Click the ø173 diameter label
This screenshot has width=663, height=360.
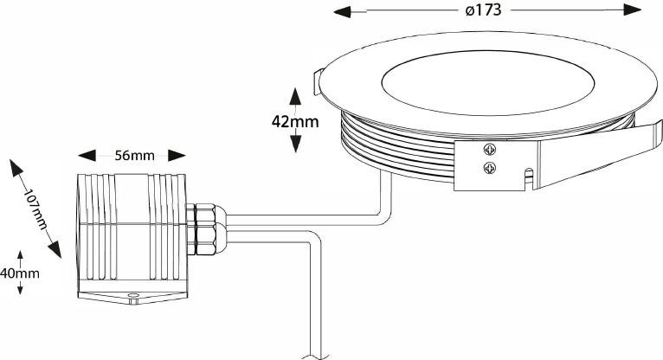(483, 10)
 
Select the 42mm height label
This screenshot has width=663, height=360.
(295, 122)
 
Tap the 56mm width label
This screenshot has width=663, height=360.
(134, 156)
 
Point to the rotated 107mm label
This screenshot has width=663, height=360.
(35, 209)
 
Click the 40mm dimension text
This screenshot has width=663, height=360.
(20, 273)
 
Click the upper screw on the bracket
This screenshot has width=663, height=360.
(489, 149)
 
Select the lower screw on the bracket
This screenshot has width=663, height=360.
(489, 168)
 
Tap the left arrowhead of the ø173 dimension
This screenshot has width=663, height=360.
(342, 12)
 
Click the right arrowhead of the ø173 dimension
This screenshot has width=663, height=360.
(633, 10)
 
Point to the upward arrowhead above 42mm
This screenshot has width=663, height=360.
(295, 96)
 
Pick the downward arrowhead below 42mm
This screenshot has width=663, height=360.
(295, 144)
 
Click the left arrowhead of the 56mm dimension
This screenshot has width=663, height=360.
(87, 155)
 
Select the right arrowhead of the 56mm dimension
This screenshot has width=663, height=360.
(177, 155)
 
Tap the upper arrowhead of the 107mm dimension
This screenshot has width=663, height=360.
(17, 168)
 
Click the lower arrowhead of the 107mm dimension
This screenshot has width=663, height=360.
(55, 249)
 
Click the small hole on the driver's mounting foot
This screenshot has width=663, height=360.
(133, 294)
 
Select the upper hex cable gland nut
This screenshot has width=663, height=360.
(206, 215)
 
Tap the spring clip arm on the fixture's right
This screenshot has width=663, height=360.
(598, 153)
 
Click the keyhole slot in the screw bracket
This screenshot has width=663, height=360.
(528, 177)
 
